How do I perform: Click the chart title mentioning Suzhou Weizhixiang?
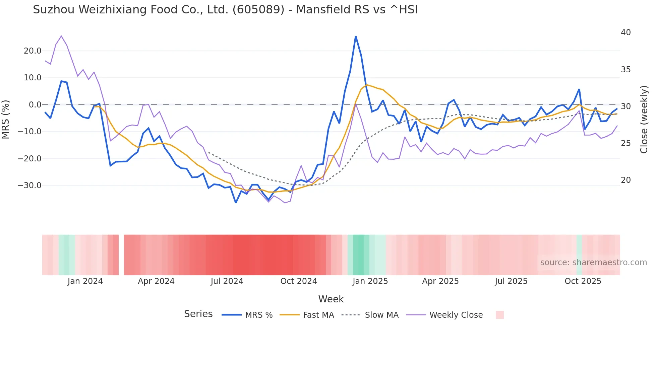[x=225, y=10]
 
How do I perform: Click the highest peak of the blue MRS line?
[x=356, y=36]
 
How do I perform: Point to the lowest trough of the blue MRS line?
[x=236, y=203]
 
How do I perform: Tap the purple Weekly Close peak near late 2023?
[x=61, y=36]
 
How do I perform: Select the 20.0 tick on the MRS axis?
[x=33, y=51]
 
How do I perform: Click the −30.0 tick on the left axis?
[x=29, y=186]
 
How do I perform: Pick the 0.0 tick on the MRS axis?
[x=35, y=105]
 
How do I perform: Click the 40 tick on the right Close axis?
[x=625, y=32]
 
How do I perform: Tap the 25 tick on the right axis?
[x=625, y=143]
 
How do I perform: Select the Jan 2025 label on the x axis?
[x=370, y=281]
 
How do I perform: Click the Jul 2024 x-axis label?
[x=227, y=281]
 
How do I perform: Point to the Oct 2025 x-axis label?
[x=583, y=281]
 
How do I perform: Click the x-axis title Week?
[x=331, y=299]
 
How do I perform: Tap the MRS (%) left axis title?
[x=6, y=119]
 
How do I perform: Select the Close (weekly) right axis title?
[x=644, y=119]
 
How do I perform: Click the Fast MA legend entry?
[x=318, y=315]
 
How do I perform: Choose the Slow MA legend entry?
[x=381, y=315]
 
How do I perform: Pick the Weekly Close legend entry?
[x=456, y=315]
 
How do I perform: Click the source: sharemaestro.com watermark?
[x=593, y=263]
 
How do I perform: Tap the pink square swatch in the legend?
[x=499, y=315]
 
